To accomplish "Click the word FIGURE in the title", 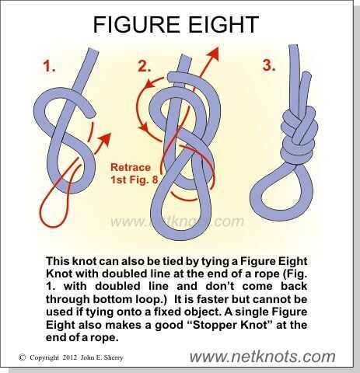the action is [136, 24].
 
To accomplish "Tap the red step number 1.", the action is [49, 65].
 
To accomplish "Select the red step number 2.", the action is [144, 65].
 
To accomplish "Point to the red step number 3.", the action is [269, 64].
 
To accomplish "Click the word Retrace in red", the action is [131, 167].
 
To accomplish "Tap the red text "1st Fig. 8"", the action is [134, 180].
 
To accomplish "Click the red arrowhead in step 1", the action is [106, 139].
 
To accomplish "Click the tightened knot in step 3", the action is [299, 134].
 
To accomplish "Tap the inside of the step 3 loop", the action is [281, 193].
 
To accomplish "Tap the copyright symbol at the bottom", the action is [23, 357].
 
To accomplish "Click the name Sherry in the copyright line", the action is [114, 357].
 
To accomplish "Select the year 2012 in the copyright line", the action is [69, 357].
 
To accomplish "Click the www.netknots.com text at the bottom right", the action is [262, 357].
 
